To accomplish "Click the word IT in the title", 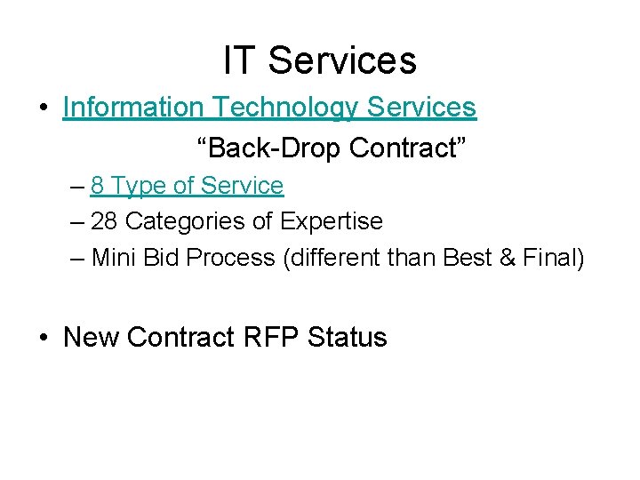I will (238, 60).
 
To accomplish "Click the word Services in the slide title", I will (342, 60).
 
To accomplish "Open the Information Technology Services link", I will (269, 108).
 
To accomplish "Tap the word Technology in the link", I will (285, 108).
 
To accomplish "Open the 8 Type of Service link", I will (187, 186).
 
